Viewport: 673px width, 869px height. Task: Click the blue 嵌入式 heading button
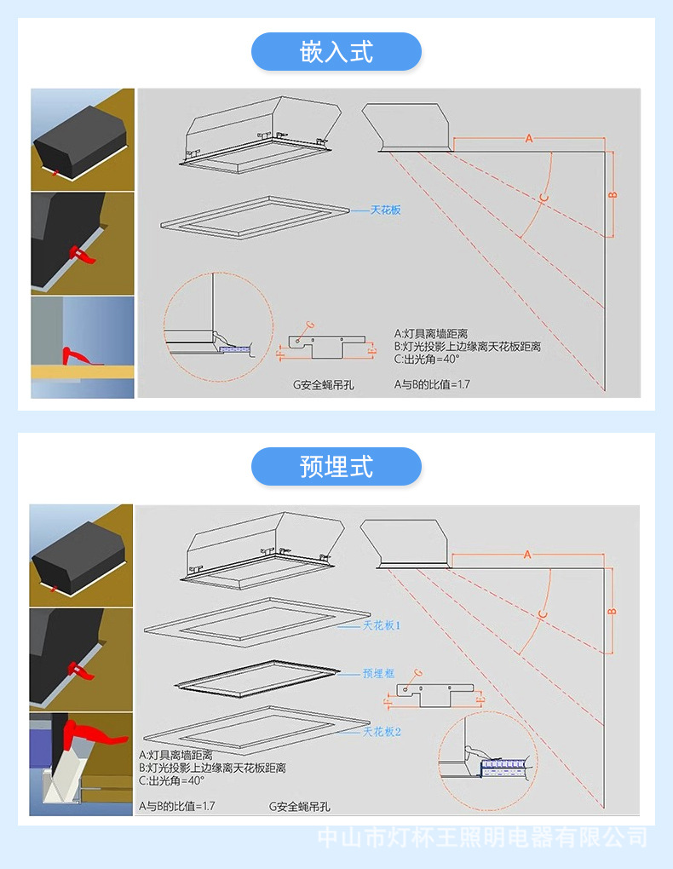point(336,52)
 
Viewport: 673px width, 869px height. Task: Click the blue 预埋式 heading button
point(336,467)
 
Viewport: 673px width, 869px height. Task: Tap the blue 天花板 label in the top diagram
point(385,209)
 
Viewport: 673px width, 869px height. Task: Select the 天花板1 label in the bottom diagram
point(382,625)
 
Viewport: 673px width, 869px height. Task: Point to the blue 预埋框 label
point(378,673)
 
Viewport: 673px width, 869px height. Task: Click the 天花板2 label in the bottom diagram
point(382,731)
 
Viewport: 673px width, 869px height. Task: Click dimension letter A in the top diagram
point(528,137)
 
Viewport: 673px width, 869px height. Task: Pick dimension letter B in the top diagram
point(612,195)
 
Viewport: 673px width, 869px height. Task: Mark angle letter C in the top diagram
point(544,199)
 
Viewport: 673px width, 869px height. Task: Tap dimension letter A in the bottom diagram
point(527,555)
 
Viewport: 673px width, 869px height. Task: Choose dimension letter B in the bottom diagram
point(612,612)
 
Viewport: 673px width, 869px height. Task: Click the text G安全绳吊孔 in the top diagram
point(323,384)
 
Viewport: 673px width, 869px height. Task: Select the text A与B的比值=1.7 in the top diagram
point(432,384)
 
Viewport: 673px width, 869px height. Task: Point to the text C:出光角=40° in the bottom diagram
point(172,780)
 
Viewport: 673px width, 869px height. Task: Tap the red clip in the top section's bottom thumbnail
point(76,354)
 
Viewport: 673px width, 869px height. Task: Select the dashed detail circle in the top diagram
point(217,328)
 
